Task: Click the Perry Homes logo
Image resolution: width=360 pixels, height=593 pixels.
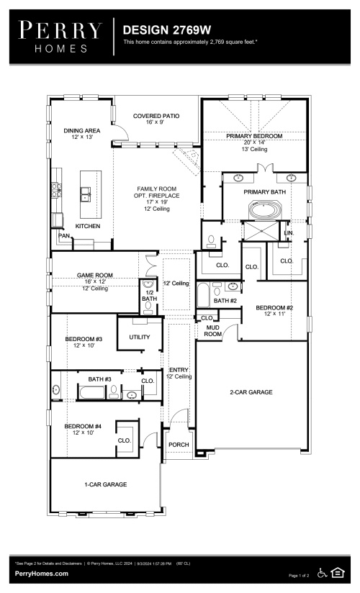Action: pyautogui.click(x=60, y=37)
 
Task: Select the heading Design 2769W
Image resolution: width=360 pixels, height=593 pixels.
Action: pyautogui.click(x=167, y=30)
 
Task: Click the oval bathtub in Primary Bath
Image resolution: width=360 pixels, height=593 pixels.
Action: pyautogui.click(x=265, y=211)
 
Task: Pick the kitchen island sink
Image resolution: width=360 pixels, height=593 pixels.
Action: pyautogui.click(x=85, y=194)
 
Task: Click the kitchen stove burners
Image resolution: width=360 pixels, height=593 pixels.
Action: pyautogui.click(x=56, y=190)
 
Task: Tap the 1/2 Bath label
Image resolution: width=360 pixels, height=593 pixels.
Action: pyautogui.click(x=149, y=295)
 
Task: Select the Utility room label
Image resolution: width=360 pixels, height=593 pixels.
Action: pyautogui.click(x=139, y=337)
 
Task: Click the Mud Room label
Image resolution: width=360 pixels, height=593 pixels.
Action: pyautogui.click(x=212, y=330)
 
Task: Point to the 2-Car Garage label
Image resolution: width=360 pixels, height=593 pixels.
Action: pyautogui.click(x=251, y=392)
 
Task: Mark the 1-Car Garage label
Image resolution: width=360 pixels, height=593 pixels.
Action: pyautogui.click(x=105, y=484)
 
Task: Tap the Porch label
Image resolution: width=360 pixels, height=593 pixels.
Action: pyautogui.click(x=179, y=444)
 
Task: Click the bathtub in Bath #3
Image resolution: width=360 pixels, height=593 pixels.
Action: pyautogui.click(x=91, y=391)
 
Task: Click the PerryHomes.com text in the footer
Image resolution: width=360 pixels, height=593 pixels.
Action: pyautogui.click(x=42, y=574)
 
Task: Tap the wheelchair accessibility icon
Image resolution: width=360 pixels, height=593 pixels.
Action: pyautogui.click(x=322, y=573)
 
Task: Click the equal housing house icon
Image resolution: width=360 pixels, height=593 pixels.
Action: pyautogui.click(x=338, y=573)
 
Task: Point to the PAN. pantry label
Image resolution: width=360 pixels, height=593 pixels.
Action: pyautogui.click(x=64, y=235)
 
